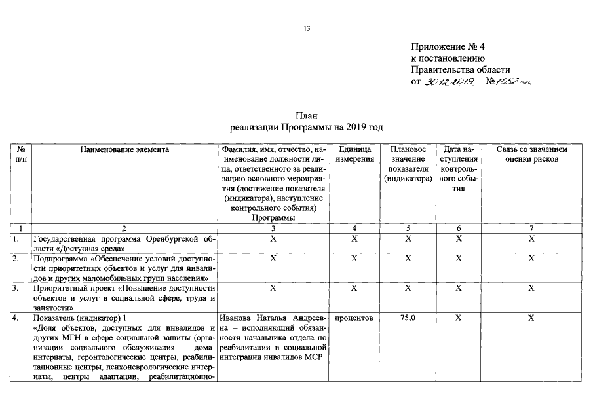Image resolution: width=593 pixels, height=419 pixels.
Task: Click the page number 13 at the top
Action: [x=306, y=29]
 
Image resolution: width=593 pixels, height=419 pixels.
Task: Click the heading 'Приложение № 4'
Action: [x=448, y=47]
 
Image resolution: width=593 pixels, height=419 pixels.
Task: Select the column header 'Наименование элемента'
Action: [x=124, y=149]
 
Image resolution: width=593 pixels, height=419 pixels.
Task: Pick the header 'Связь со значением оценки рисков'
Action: [x=531, y=154]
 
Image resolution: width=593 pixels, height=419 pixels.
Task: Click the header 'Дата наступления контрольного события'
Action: [x=458, y=168]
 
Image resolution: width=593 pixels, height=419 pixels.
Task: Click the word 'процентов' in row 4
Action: [x=354, y=318]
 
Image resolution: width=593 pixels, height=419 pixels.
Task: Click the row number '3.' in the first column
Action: [x=16, y=288]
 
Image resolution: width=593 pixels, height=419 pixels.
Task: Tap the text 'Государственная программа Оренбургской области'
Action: [x=124, y=244]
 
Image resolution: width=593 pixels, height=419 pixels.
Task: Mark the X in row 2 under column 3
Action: [x=273, y=259]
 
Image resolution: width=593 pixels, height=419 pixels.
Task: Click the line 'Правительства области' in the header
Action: [x=461, y=70]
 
